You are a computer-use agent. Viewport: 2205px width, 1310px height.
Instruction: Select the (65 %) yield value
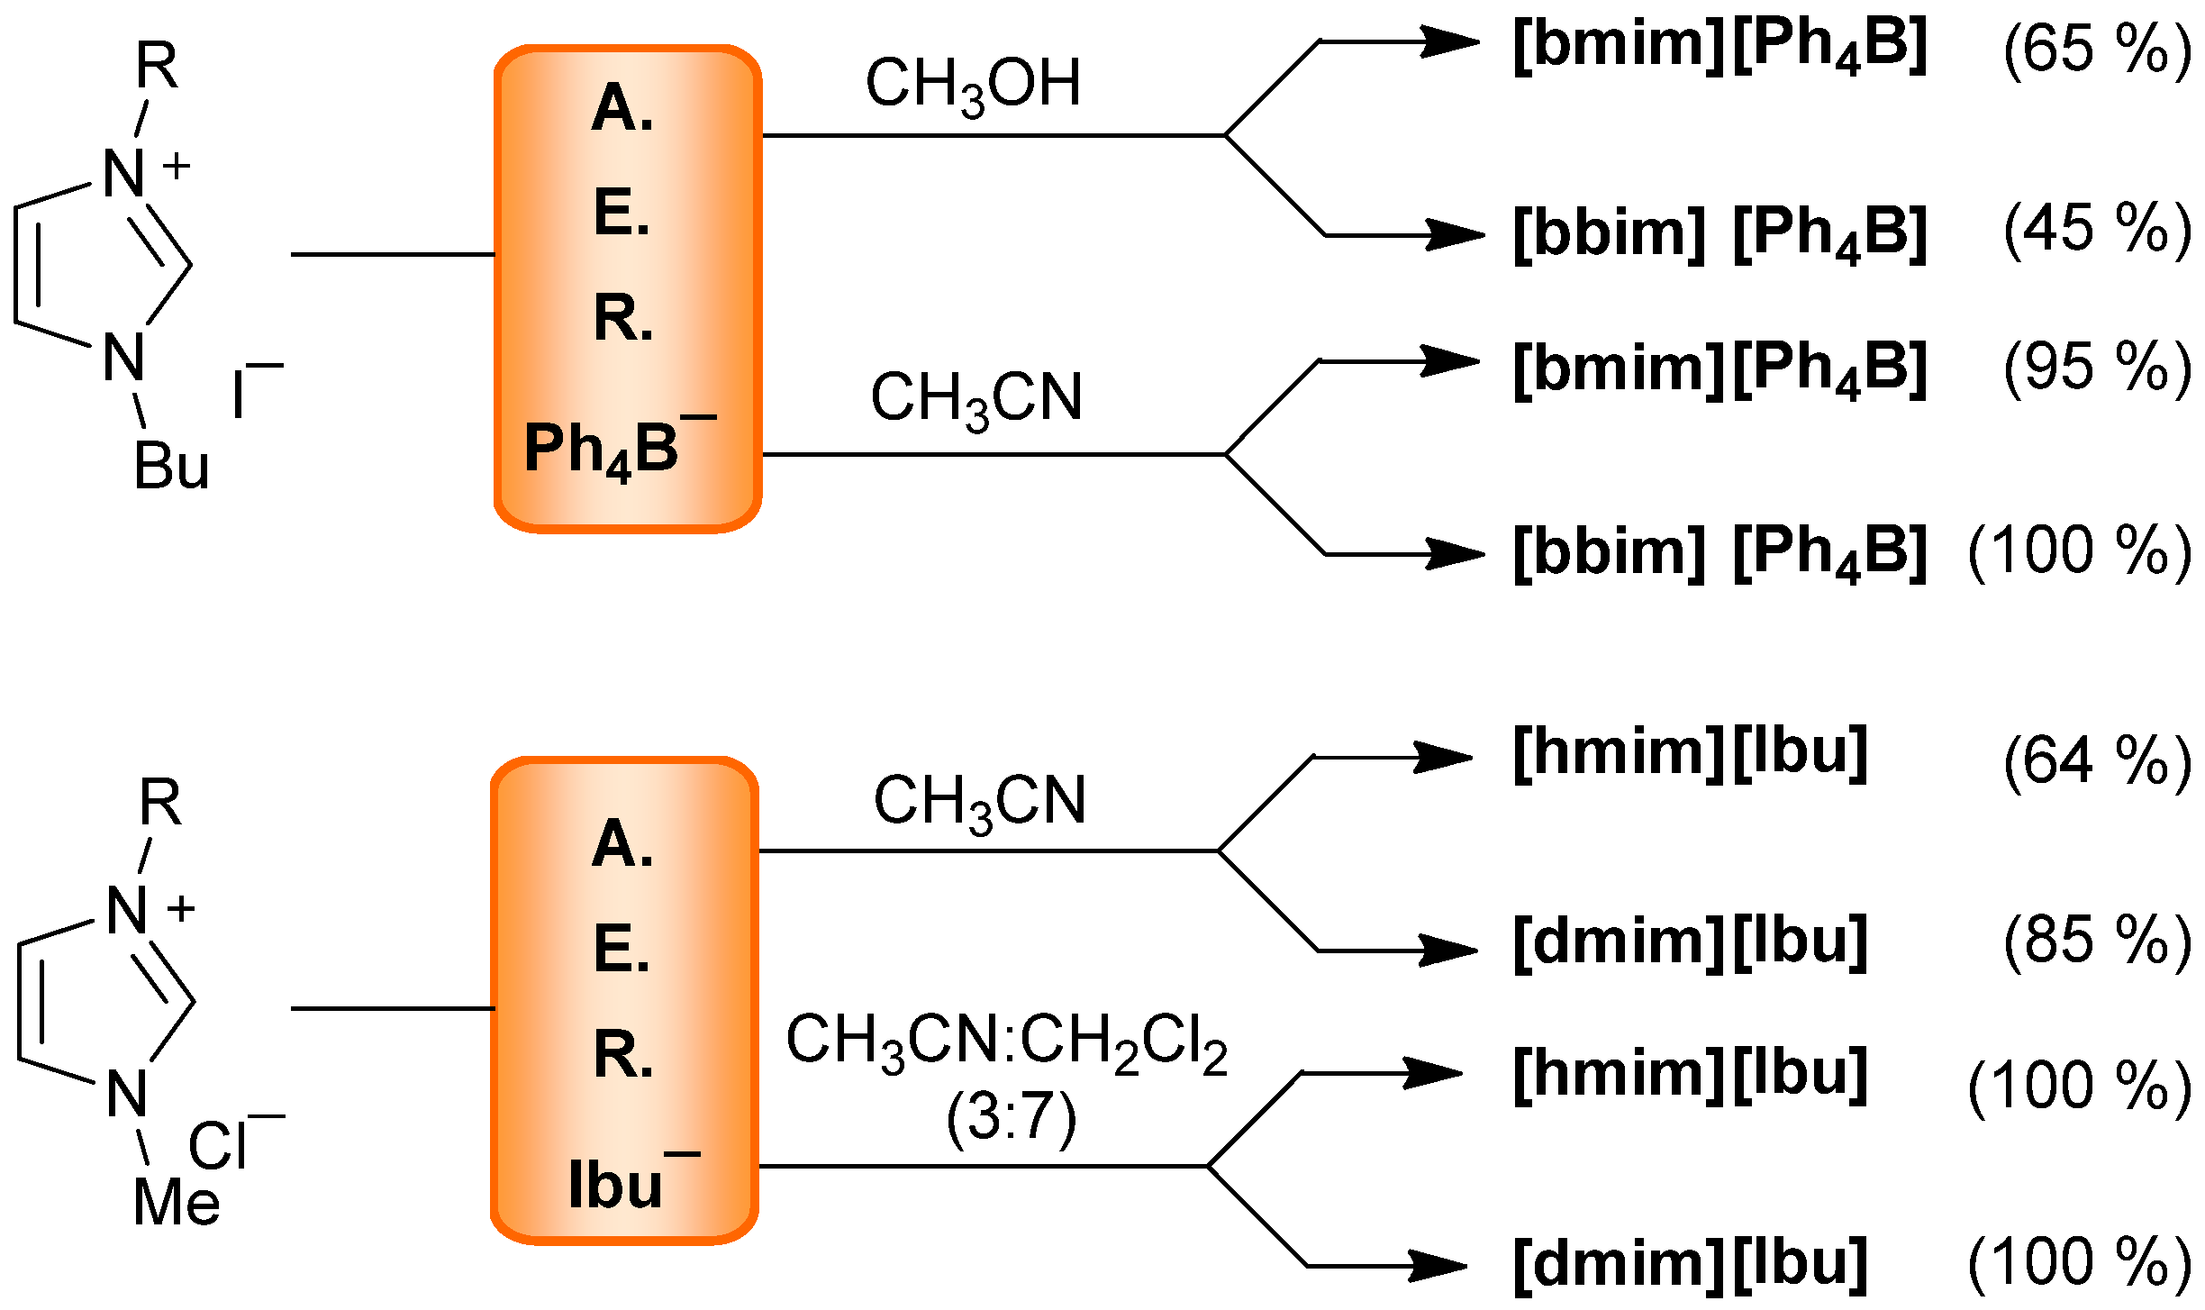pos(2097,50)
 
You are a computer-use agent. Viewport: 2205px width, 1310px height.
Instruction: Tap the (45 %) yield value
pos(2097,230)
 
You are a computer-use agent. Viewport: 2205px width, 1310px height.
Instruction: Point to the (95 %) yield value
pos(2097,368)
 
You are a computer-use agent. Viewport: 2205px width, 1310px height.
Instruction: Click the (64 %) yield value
pos(2097,762)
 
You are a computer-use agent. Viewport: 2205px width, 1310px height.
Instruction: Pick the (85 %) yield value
pos(2097,942)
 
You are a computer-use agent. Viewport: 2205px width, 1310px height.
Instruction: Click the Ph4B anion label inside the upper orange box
pos(612,448)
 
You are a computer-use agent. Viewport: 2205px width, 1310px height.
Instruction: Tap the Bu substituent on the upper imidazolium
pos(171,467)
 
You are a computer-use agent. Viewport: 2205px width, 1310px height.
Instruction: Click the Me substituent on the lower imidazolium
pos(177,1203)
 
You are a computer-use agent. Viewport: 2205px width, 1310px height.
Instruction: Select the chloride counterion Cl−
pos(230,1144)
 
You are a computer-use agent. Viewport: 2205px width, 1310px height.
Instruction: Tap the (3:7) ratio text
pos(1011,1117)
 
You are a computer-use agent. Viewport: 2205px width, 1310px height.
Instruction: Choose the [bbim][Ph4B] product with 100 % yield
pos(1719,551)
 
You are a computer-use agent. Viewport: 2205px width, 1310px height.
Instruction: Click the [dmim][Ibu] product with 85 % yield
pos(1690,942)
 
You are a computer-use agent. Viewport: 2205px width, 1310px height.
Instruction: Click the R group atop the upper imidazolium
pos(157,66)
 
